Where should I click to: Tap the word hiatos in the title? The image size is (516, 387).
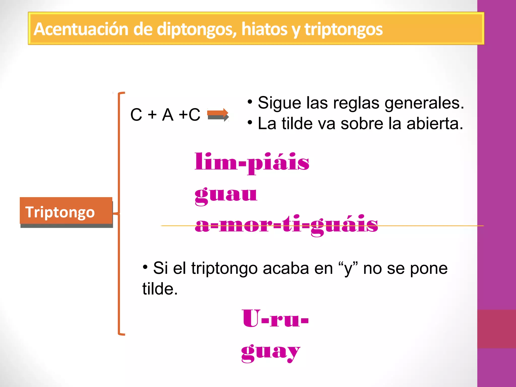(264, 29)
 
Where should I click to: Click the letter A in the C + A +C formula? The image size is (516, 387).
(168, 115)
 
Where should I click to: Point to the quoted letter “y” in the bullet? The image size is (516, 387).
(348, 269)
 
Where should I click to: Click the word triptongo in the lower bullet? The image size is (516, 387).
(224, 269)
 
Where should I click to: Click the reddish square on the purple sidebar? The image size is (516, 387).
(496, 329)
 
